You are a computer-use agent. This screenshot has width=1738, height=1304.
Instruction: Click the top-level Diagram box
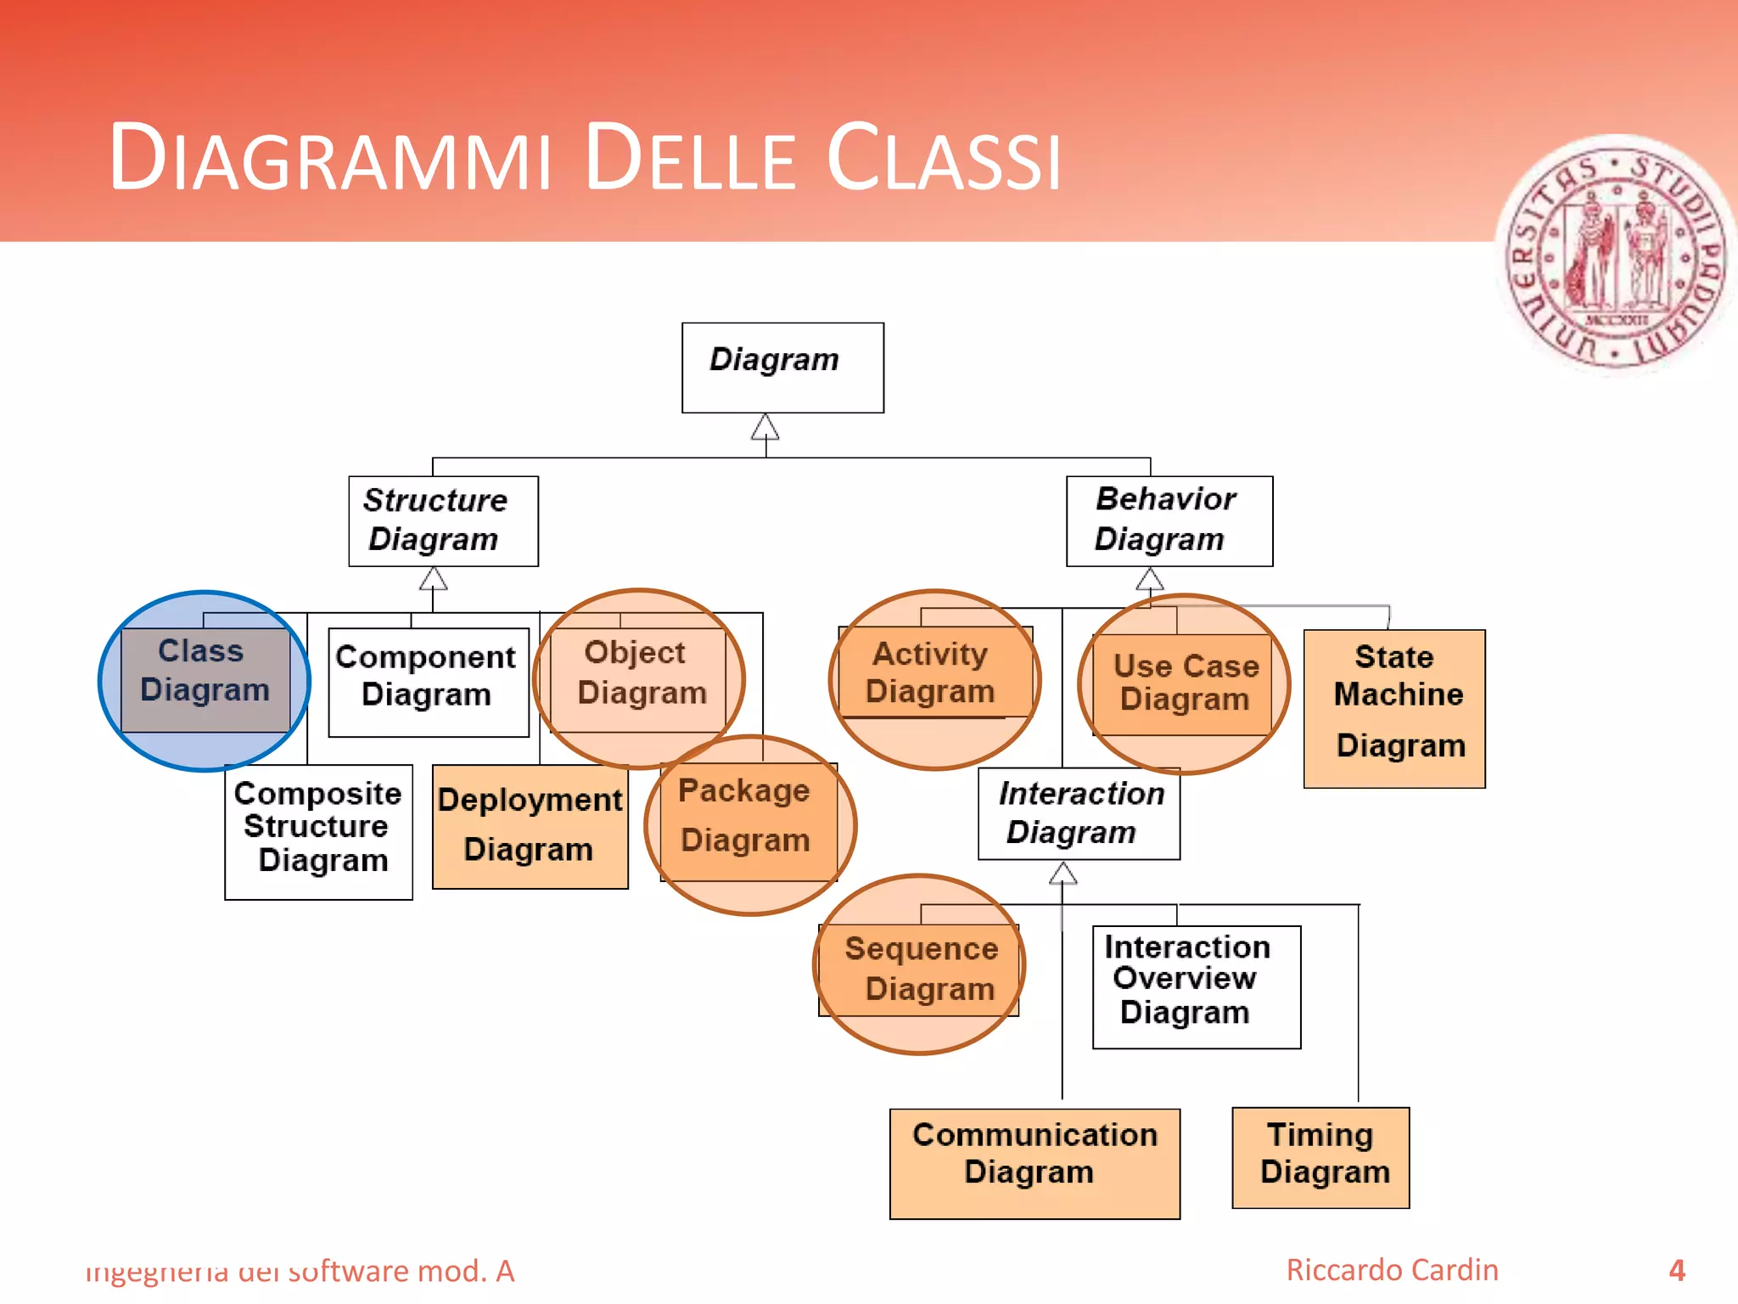[782, 368]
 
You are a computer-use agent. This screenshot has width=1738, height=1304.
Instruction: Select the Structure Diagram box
[443, 520]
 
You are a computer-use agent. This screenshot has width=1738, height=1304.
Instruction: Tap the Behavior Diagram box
[1169, 520]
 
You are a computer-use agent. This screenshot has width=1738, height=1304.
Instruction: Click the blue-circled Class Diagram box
[205, 679]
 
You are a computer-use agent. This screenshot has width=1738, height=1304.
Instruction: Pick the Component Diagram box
[429, 682]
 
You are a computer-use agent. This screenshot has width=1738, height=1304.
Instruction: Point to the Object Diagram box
[639, 679]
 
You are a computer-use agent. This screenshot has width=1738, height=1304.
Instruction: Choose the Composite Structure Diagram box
[318, 831]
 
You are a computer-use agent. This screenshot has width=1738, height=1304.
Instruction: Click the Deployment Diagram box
[530, 826]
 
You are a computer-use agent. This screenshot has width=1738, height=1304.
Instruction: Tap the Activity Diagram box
[933, 673]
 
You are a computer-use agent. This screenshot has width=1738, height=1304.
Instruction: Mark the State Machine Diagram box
[1394, 708]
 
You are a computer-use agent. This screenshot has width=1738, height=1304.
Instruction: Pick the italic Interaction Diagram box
[1079, 813]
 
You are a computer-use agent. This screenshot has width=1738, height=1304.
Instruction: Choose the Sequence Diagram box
[919, 970]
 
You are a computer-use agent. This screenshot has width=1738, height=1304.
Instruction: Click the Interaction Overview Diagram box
[1196, 986]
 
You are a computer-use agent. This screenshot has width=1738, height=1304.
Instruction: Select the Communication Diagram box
[1034, 1163]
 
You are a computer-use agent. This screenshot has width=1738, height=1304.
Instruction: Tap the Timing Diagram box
[1320, 1157]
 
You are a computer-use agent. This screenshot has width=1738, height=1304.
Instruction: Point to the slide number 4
[1676, 1270]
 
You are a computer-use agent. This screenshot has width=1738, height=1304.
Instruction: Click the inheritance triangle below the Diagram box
[765, 427]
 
